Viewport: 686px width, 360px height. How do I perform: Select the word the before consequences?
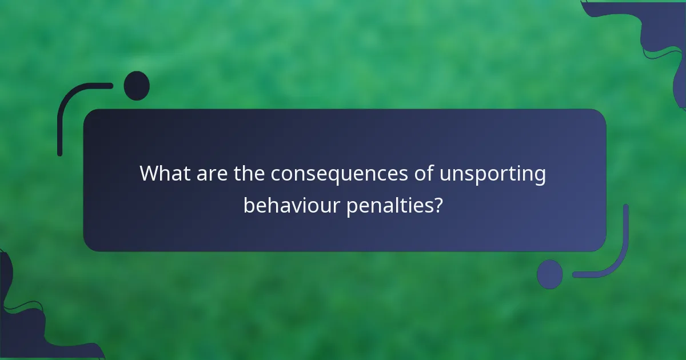pyautogui.click(x=249, y=174)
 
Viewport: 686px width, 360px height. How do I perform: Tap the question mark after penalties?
pyautogui.click(x=437, y=205)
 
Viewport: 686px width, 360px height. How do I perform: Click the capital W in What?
pyautogui.click(x=150, y=174)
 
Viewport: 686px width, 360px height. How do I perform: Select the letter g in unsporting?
pyautogui.click(x=539, y=177)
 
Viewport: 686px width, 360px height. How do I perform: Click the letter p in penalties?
pyautogui.click(x=352, y=207)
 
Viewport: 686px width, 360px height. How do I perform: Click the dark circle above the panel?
pyautogui.click(x=137, y=86)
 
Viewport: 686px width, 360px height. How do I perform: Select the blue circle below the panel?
pyautogui.click(x=550, y=274)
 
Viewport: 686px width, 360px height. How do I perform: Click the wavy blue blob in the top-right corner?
pyautogui.click(x=663, y=34)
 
